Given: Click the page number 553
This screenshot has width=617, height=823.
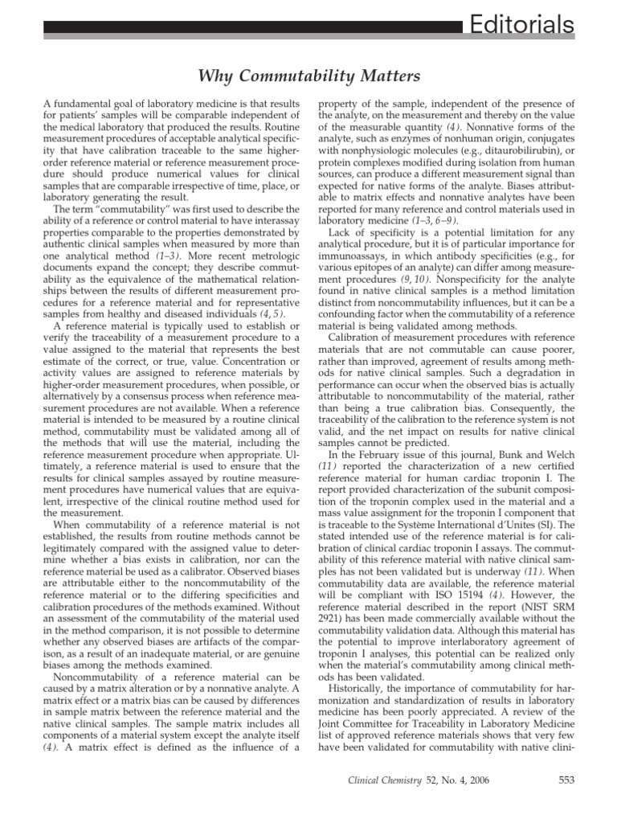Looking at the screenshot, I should point(566,779).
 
